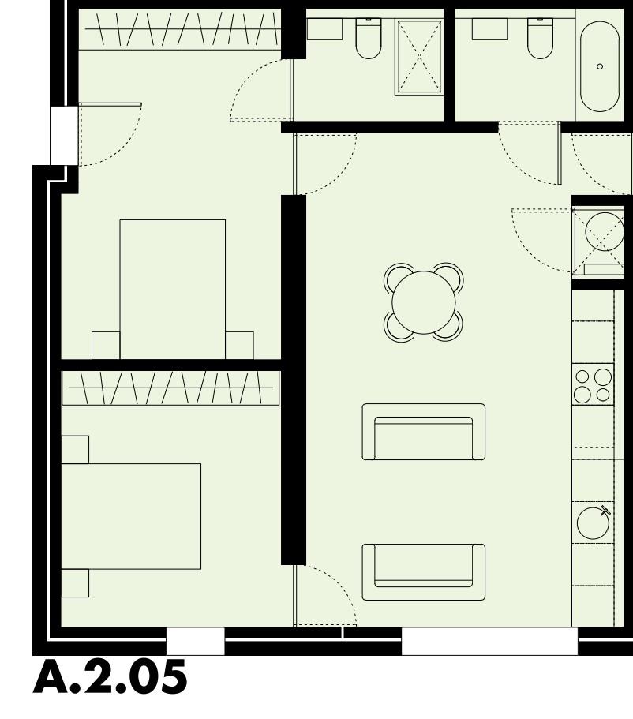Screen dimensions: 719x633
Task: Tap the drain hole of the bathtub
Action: point(600,66)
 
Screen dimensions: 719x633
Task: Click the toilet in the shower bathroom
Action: point(369,39)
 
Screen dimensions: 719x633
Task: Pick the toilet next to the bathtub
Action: point(540,39)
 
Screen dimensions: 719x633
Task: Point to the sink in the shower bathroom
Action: point(324,29)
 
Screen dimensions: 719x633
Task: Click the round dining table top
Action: point(425,302)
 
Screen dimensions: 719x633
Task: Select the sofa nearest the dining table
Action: point(423,432)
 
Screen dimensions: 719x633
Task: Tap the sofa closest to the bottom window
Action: point(423,571)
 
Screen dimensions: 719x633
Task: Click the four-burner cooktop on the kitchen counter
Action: point(593,384)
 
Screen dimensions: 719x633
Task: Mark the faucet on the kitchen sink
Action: point(605,510)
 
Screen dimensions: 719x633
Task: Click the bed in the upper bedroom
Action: point(172,288)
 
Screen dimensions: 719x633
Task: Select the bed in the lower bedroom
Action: point(130,516)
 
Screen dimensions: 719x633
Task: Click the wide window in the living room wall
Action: point(489,642)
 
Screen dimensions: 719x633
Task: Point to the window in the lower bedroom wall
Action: point(195,642)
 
